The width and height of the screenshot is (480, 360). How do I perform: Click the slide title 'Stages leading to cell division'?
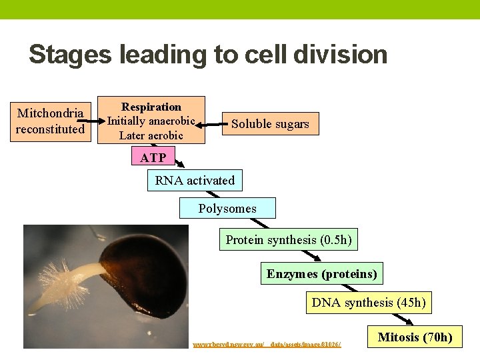(x=208, y=54)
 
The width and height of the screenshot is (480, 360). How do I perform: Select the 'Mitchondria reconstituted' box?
(x=51, y=121)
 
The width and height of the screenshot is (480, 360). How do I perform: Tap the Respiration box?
(x=151, y=121)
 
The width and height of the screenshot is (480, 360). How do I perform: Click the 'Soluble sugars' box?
(x=270, y=124)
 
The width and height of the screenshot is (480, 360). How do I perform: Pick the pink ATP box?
(x=153, y=158)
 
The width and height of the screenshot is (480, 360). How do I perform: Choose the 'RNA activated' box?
(x=195, y=181)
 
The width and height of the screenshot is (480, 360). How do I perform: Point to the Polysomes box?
(x=227, y=209)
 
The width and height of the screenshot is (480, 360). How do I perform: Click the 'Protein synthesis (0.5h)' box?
(x=289, y=240)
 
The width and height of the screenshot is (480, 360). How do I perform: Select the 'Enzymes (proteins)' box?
(x=322, y=273)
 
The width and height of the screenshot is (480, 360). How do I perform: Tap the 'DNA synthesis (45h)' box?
(x=369, y=303)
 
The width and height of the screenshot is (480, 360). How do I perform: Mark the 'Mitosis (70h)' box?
(x=415, y=337)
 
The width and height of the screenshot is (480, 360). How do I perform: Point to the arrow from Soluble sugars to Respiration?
(x=213, y=123)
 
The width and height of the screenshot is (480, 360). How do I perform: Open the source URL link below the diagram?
(x=267, y=344)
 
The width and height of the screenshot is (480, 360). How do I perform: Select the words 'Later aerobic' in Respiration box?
(x=151, y=135)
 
